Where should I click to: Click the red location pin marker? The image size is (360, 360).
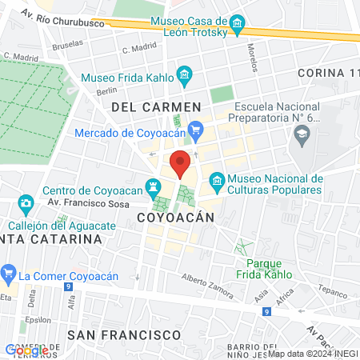coord(180,163)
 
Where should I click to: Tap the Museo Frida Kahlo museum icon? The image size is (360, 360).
coord(185,78)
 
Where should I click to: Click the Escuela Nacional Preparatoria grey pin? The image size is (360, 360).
coord(302,138)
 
